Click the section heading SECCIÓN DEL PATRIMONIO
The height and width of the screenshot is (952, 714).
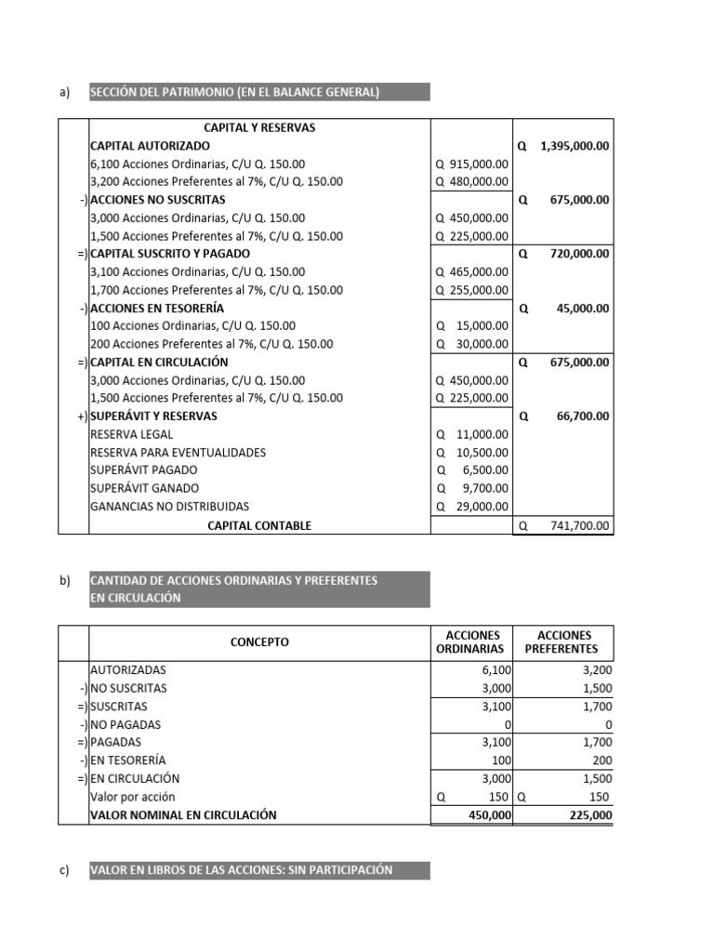[234, 92]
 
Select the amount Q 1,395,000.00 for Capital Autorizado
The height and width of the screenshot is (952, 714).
[564, 146]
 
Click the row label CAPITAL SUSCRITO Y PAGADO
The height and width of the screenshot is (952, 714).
[169, 253]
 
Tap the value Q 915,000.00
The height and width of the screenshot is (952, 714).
[472, 164]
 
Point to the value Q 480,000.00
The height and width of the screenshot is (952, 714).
[472, 182]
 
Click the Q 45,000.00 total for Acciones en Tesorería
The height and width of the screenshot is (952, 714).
[564, 308]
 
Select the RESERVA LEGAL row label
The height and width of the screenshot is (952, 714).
[131, 434]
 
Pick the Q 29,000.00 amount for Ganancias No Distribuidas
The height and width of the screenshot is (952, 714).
[472, 507]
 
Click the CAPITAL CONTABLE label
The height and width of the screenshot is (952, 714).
[259, 525]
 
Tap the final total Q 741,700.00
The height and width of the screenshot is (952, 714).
[564, 525]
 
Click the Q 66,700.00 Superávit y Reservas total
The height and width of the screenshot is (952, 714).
[564, 416]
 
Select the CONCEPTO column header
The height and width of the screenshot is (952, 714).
[259, 641]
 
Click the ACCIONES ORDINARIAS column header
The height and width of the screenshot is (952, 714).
[470, 641]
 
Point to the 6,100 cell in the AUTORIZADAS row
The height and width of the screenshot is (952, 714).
[492, 669]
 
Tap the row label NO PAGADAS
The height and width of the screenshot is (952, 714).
[126, 724]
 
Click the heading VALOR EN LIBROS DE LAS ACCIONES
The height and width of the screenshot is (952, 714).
[241, 870]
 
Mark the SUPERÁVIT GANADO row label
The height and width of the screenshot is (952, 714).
[144, 488]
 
